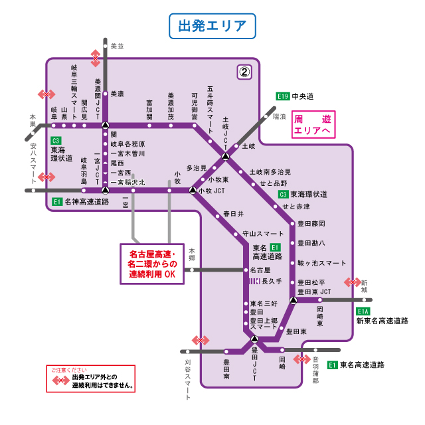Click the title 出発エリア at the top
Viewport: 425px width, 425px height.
point(212,27)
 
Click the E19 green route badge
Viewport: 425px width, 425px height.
point(283,96)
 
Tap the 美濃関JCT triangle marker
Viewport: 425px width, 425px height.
point(105,125)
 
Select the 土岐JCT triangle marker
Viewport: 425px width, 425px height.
point(226,157)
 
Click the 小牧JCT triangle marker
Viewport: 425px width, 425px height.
point(193,191)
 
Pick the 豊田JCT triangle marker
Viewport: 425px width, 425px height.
point(254,340)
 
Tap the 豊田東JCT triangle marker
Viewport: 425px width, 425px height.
point(293,299)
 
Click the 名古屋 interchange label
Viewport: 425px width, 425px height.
point(260,270)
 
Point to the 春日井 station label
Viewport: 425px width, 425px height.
point(233,214)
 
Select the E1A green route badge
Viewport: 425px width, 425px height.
point(363,311)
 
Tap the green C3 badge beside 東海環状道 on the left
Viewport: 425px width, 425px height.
point(56,141)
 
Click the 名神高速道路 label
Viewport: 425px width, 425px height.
point(86,201)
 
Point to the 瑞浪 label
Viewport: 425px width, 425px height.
point(279,116)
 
